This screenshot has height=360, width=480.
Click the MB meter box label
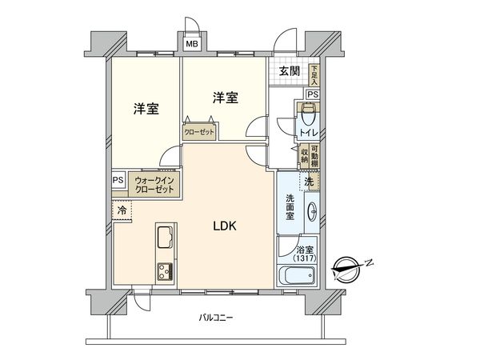pos(192,44)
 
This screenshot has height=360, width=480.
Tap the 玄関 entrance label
pos(289,71)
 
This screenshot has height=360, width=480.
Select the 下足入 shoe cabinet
pos(314,75)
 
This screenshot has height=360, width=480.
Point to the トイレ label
pos(309,133)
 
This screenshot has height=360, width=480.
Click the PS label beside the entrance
pos(313,94)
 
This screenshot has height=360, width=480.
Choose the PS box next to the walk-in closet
pos(118,180)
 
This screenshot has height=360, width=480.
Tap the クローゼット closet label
pos(199,132)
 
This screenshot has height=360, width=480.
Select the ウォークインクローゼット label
pos(154,185)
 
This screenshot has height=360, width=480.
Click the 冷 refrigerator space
pos(122,210)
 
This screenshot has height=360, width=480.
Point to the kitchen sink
pos(165,237)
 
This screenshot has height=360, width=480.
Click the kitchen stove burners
pos(165,272)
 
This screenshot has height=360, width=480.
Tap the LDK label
pos(225,226)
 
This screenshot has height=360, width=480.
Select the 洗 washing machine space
pos(309,182)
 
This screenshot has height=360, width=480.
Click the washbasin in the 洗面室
pos(312,211)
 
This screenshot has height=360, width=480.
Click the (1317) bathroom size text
pos(305,258)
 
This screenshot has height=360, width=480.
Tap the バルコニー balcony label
pos(216,318)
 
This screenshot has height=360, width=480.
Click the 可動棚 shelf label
pos(314,156)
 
